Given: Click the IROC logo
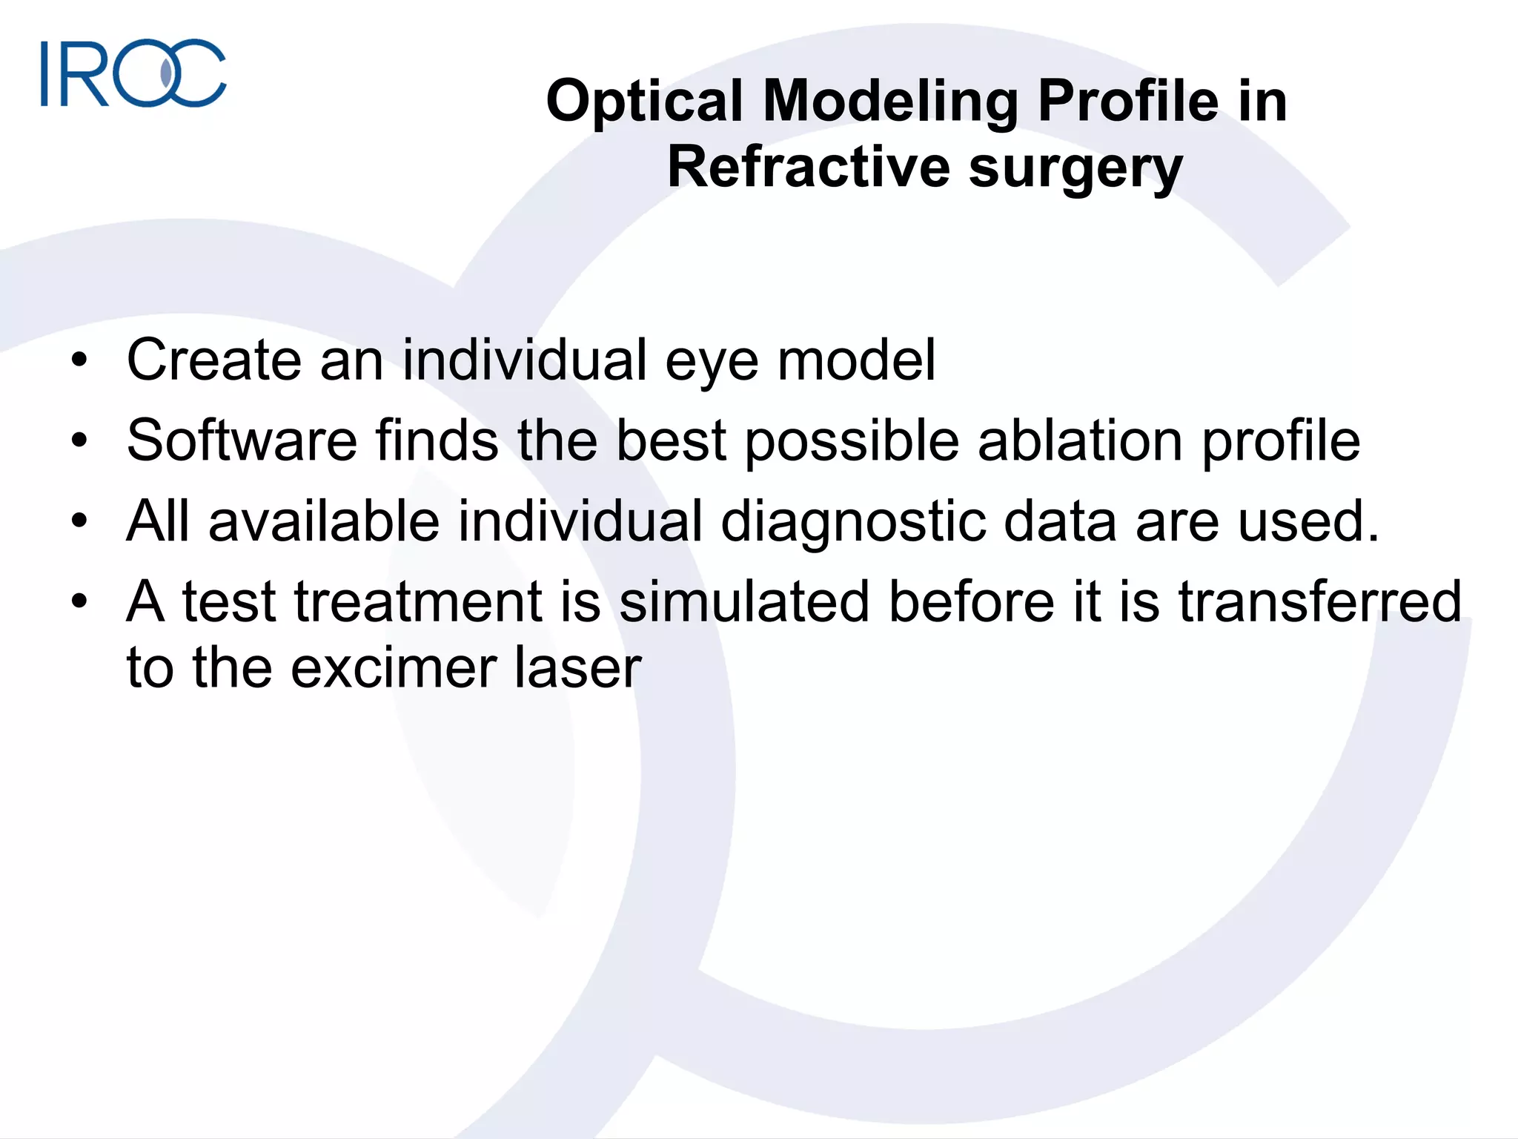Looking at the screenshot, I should point(133,73).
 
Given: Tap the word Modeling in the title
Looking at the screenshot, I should point(890,102).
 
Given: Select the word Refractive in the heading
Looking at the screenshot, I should point(808,168).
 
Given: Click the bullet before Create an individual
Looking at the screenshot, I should point(80,361).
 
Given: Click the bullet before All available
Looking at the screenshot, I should point(80,521).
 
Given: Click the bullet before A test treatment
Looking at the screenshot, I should point(80,601).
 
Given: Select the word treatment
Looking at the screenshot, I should point(419,601).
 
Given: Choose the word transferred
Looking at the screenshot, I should point(1319,601).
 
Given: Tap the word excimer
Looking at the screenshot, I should point(394,668).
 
